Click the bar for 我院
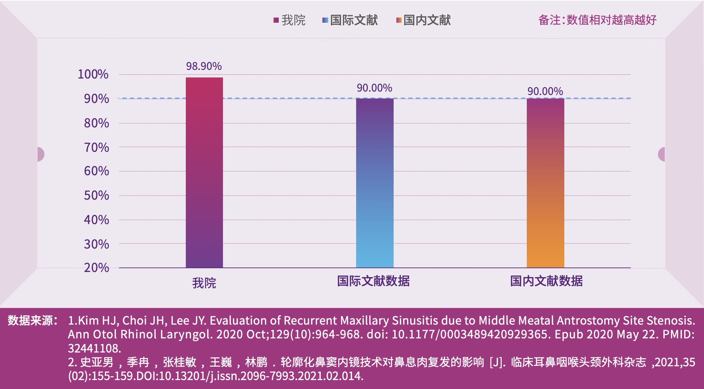204,172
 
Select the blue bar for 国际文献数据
375,182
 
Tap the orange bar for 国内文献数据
545,182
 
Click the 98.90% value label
204,66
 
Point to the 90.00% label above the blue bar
374,88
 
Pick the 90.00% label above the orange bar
545,91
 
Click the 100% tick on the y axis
93,74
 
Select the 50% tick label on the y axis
96,196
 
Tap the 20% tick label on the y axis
96,267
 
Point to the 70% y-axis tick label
96,148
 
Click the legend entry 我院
290,20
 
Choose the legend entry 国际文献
350,20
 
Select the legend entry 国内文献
424,20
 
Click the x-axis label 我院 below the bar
204,283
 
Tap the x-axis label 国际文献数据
373,281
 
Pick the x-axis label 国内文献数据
546,281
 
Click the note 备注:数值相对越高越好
597,20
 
